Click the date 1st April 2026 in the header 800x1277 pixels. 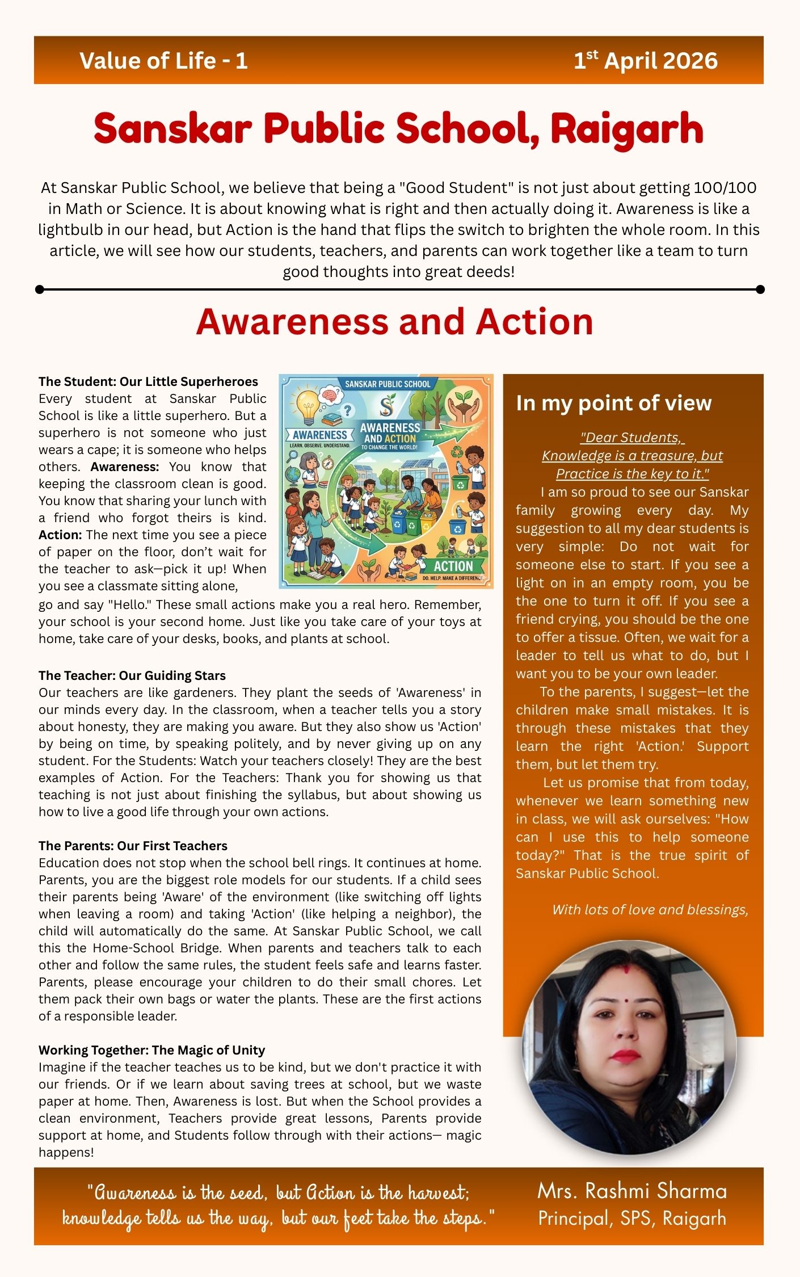pos(645,61)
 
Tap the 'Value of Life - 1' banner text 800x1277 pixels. pos(163,61)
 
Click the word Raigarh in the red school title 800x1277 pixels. pos(626,129)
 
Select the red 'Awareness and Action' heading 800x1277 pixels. pos(394,322)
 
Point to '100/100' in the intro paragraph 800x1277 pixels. pos(729,188)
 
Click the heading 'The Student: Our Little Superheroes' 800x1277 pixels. pos(148,381)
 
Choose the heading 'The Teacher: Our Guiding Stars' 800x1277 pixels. pos(132,675)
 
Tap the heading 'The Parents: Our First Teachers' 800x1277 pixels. pos(133,846)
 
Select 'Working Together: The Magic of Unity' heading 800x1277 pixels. pos(151,1050)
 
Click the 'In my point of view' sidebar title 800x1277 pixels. pos(613,403)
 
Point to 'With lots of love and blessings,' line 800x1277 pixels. pos(650,910)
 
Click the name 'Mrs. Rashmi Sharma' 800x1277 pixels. pos(632,1191)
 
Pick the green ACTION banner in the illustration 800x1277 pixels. pos(453,566)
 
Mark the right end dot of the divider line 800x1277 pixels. pos(760,289)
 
